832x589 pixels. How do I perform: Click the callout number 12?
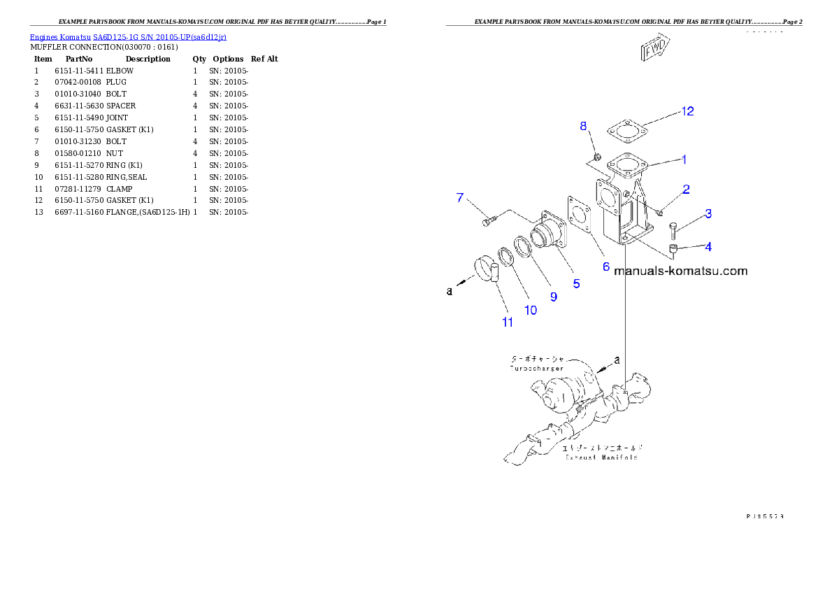[x=688, y=111]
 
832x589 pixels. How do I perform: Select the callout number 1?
[x=684, y=159]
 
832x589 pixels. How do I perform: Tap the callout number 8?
[x=584, y=126]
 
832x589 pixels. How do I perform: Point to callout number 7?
[x=460, y=198]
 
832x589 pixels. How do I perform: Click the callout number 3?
[x=708, y=213]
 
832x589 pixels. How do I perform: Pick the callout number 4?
[x=708, y=246]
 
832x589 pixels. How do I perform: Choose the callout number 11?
[x=508, y=322]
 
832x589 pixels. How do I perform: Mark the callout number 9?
[x=553, y=297]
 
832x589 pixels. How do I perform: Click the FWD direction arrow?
[x=654, y=50]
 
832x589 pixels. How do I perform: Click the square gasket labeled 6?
[x=581, y=213]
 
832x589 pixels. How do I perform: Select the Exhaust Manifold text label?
[x=601, y=457]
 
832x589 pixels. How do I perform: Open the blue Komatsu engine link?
[x=128, y=36]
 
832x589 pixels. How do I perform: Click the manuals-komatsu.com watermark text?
[x=680, y=271]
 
